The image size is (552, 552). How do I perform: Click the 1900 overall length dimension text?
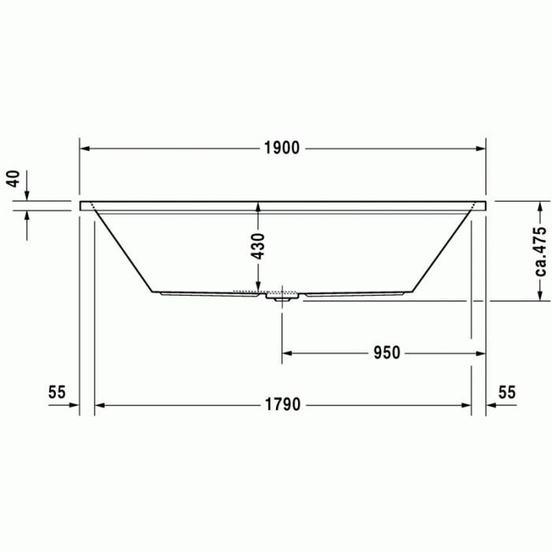[x=282, y=148]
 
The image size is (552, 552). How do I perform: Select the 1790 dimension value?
[x=282, y=405]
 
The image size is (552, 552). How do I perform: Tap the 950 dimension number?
[x=387, y=352]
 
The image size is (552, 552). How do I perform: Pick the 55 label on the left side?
[x=56, y=392]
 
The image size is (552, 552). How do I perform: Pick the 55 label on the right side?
[x=507, y=392]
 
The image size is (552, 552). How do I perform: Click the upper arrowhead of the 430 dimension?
[x=258, y=207]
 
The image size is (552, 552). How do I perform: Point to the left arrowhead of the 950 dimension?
[x=289, y=352]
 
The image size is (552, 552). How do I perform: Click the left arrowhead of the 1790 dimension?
[x=100, y=405]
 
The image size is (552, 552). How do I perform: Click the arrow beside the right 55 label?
[x=493, y=405]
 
